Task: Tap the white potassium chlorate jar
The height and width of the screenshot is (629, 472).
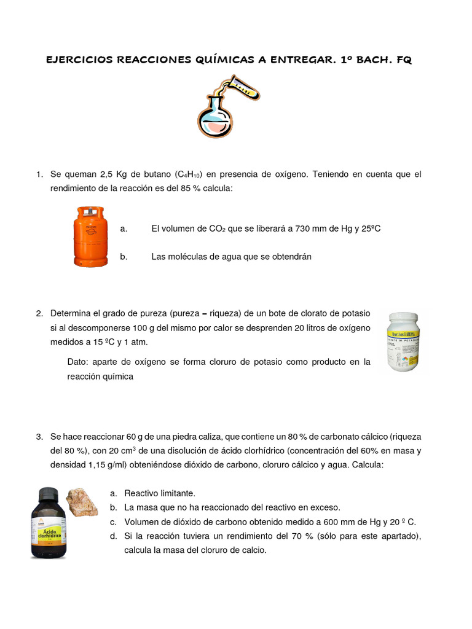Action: pos(404,342)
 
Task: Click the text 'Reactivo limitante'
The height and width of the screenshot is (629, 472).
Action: pos(159,493)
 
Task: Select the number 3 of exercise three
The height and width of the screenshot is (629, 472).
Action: pos(39,437)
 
